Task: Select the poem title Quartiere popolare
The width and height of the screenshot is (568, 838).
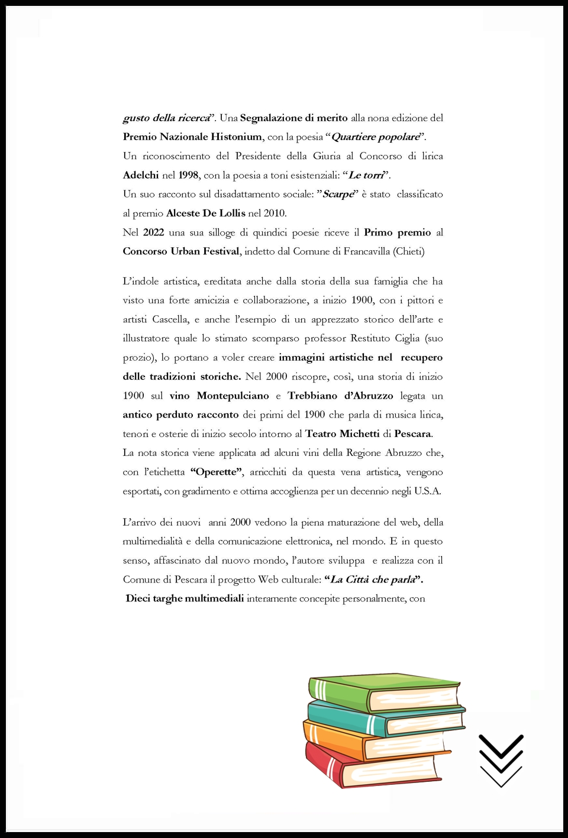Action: coord(376,137)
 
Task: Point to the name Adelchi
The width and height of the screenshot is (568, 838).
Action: coord(141,175)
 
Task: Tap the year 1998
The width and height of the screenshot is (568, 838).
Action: coord(188,175)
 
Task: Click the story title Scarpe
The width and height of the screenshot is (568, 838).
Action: coord(338,194)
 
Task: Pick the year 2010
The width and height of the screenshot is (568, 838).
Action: coord(275,213)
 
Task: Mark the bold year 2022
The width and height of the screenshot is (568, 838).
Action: coord(153,232)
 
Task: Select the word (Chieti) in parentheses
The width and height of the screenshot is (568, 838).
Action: coord(409,251)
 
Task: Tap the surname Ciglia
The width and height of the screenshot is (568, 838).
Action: coord(407,338)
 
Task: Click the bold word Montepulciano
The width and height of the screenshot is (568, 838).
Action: coord(233,396)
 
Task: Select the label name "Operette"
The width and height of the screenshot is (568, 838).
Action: coord(217,472)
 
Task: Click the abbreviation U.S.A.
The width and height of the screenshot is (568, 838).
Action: coord(427,491)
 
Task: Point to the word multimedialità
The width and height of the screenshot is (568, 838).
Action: coord(153,541)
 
